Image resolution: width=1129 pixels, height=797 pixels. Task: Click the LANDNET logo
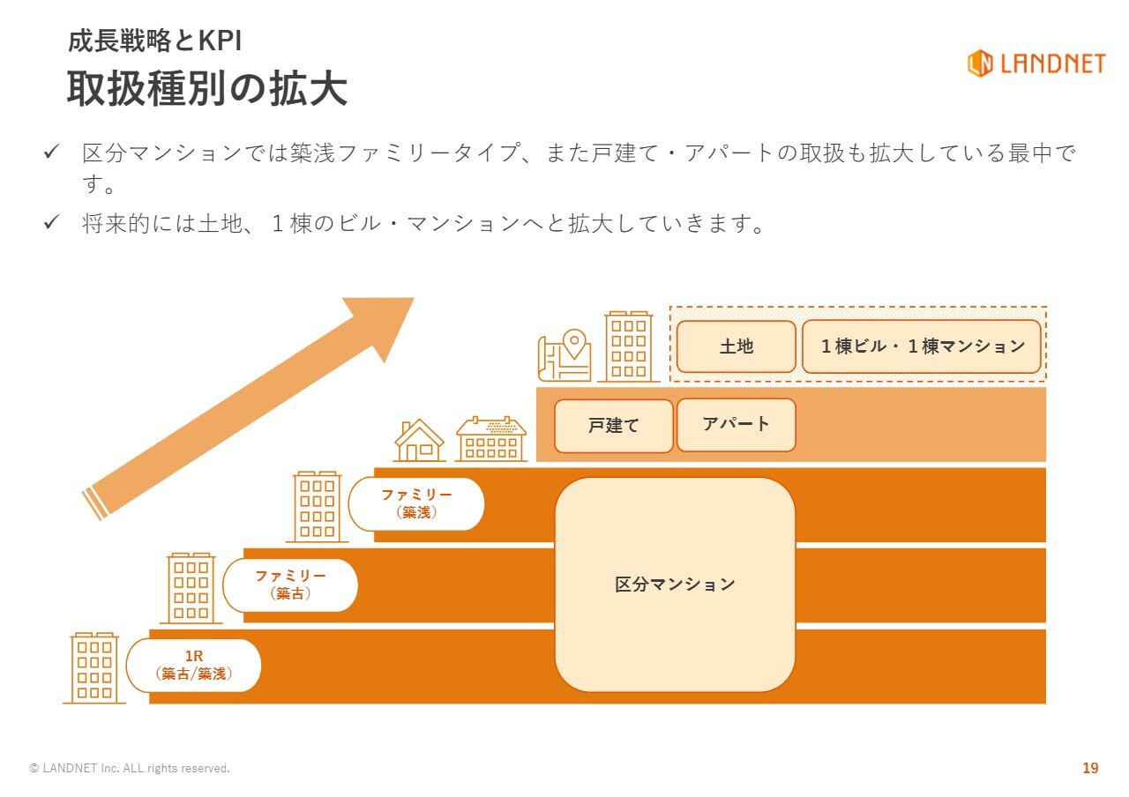pyautogui.click(x=1036, y=63)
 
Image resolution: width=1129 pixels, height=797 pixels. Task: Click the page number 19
pyautogui.click(x=1090, y=768)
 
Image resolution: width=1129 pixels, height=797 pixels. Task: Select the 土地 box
pyautogui.click(x=736, y=346)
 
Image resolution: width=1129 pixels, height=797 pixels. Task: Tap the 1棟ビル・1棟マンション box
pyautogui.click(x=922, y=346)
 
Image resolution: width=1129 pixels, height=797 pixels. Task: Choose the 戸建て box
pyautogui.click(x=613, y=426)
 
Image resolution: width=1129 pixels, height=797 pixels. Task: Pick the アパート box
pyautogui.click(x=736, y=425)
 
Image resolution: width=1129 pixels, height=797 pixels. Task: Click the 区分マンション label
pyautogui.click(x=675, y=585)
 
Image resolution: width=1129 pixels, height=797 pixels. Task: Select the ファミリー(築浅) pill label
pyautogui.click(x=416, y=503)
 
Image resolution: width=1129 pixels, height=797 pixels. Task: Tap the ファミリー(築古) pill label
pyautogui.click(x=290, y=585)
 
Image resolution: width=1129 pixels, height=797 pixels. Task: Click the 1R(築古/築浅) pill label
pyautogui.click(x=193, y=665)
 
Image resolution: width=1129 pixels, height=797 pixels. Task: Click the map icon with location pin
pyautogui.click(x=564, y=355)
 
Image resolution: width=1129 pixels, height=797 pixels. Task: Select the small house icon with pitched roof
pyautogui.click(x=419, y=440)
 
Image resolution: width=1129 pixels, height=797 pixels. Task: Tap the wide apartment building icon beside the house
pyautogui.click(x=491, y=439)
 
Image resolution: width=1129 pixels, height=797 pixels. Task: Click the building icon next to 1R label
pyautogui.click(x=94, y=667)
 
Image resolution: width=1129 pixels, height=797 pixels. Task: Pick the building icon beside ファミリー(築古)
pyautogui.click(x=191, y=588)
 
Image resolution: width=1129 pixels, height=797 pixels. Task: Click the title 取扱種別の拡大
pyautogui.click(x=207, y=89)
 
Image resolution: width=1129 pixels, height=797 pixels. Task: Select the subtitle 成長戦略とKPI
pyautogui.click(x=154, y=41)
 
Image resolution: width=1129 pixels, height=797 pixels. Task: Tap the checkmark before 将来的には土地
pyautogui.click(x=51, y=222)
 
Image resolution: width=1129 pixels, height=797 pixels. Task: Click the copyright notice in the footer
pyautogui.click(x=130, y=768)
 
